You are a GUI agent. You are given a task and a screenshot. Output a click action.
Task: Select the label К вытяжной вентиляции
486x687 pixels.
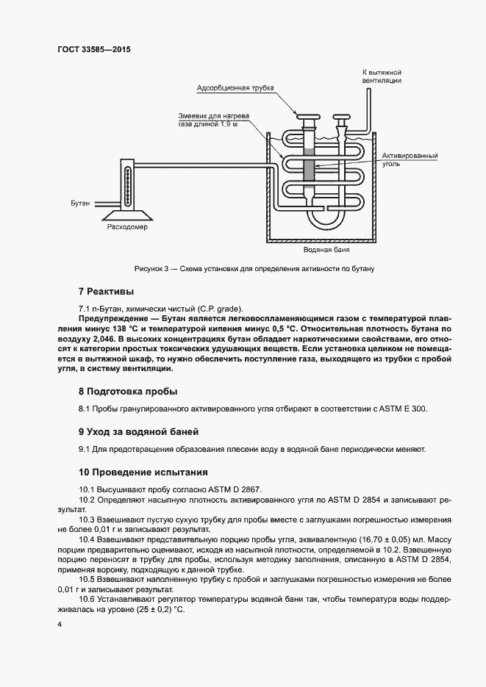382,76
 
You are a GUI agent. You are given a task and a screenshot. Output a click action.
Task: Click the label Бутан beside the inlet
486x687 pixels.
81,201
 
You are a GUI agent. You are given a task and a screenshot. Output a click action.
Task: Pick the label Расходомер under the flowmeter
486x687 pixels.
127,227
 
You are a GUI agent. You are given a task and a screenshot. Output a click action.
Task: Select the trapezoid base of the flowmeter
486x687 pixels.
127,214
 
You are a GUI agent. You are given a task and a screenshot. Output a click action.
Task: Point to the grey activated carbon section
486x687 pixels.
308,163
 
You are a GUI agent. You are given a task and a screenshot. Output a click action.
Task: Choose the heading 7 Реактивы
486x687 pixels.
107,292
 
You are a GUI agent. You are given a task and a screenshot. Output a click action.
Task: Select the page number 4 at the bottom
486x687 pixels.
58,624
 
